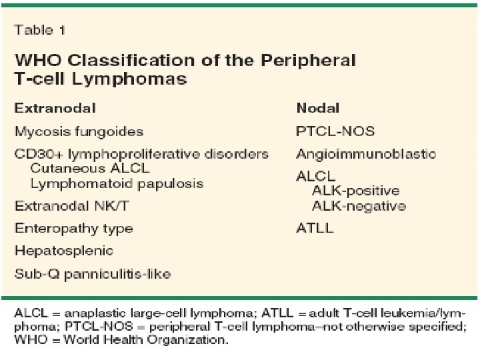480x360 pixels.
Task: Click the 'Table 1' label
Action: coord(40,30)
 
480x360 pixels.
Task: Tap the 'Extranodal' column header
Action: coord(55,108)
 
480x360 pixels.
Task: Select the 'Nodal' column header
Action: coord(318,108)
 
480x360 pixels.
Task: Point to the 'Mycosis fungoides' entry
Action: coord(79,131)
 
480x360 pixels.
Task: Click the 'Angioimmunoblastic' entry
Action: coord(366,154)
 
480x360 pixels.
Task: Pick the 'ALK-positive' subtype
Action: coord(355,191)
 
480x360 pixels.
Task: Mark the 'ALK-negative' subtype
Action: coord(359,206)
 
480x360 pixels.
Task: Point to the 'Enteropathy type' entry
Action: coord(74,229)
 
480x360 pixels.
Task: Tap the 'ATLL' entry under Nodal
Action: coord(315,229)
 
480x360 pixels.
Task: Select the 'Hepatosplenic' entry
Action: coord(64,251)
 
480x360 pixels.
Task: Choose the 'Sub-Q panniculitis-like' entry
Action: coord(93,274)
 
